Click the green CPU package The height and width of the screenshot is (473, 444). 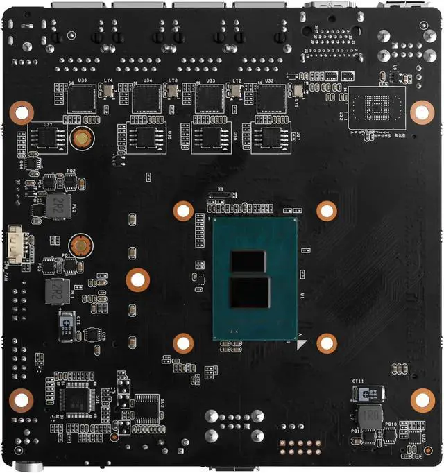click(255, 277)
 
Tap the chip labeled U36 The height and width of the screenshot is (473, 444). click(83, 99)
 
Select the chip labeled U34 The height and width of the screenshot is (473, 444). click(146, 99)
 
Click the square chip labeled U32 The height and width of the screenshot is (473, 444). click(271, 99)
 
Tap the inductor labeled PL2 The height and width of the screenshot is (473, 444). click(60, 206)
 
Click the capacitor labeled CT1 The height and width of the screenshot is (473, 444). click(67, 325)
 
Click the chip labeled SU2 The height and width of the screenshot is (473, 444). click(146, 409)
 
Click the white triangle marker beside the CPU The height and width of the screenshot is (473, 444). click(300, 343)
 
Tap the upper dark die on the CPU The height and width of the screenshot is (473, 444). click(248, 261)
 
